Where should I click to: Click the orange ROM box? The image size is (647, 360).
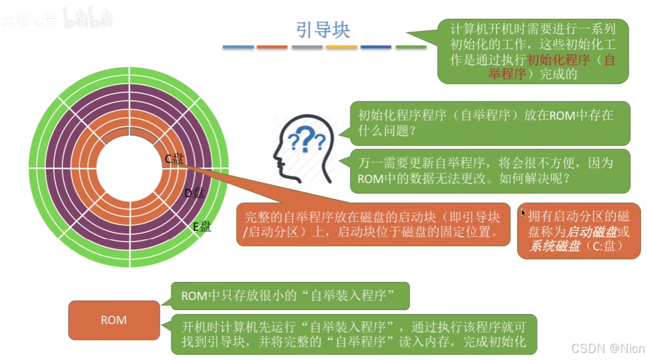(114, 320)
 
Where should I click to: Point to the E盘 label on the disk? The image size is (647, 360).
(202, 226)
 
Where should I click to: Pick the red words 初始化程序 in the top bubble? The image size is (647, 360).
(551, 59)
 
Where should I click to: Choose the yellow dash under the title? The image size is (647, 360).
(341, 47)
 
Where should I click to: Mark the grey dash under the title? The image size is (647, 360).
(307, 47)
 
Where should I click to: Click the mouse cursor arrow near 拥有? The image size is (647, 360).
(523, 213)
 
